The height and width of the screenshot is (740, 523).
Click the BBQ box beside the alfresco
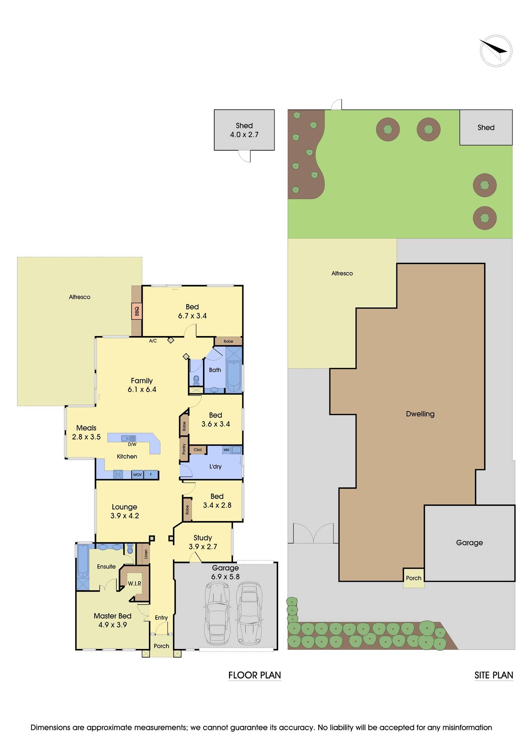click(137, 311)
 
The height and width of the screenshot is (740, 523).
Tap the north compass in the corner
click(496, 51)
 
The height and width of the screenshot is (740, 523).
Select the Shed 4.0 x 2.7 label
click(244, 130)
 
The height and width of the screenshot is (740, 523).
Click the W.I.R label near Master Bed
click(134, 584)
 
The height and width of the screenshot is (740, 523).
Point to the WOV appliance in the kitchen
click(137, 474)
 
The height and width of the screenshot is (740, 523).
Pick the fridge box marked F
click(151, 474)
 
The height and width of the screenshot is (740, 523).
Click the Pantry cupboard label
click(184, 449)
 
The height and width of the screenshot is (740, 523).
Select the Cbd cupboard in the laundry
click(198, 450)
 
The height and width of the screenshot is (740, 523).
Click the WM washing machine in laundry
click(226, 450)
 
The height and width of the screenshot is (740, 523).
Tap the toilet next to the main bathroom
click(196, 380)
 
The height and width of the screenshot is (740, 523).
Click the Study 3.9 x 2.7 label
click(203, 542)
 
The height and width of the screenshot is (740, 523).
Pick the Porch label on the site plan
click(414, 578)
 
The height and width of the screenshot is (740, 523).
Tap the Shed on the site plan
click(486, 128)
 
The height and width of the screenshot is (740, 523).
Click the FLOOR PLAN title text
click(255, 675)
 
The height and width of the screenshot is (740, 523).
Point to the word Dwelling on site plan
click(420, 414)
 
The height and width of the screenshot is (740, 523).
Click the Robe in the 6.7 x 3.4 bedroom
click(228, 341)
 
